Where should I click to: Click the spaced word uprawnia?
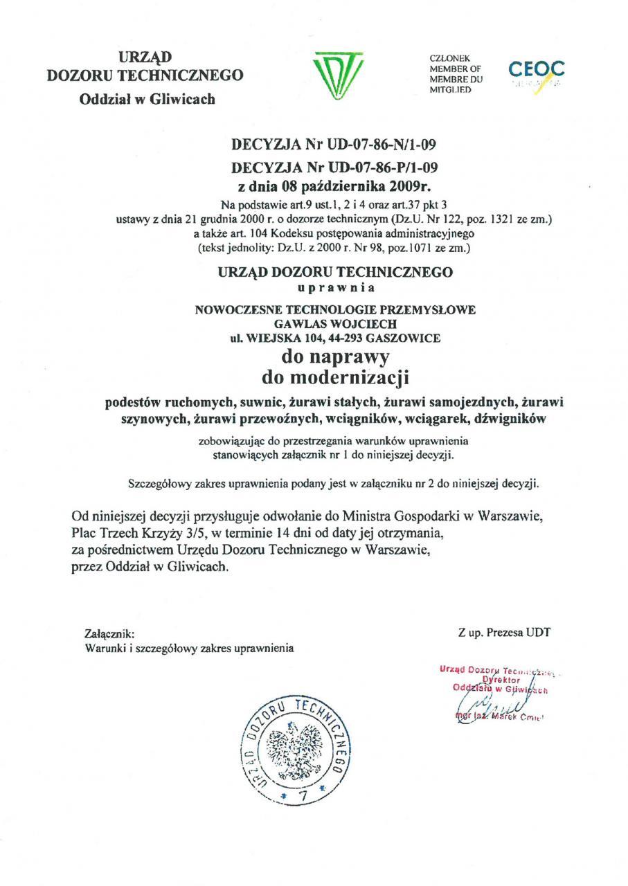point(336,287)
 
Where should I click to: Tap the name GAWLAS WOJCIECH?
point(336,323)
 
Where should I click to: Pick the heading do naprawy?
point(336,357)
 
